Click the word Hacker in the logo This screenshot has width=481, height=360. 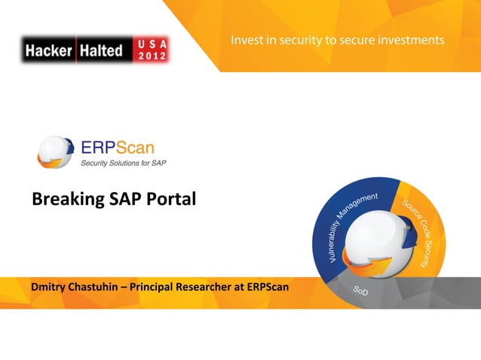tap(47, 50)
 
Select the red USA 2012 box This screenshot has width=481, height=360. tap(150, 50)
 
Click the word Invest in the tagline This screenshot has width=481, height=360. tap(250, 38)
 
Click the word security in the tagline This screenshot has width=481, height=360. tap(296, 38)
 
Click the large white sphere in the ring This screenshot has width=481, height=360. tap(377, 241)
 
